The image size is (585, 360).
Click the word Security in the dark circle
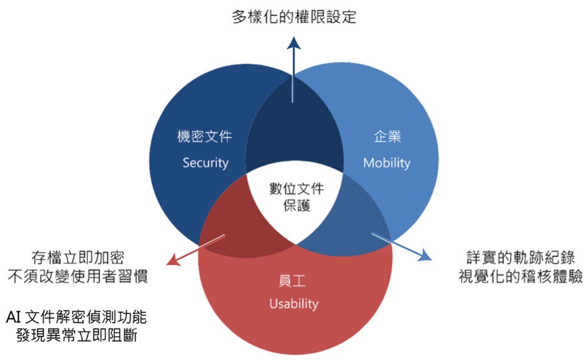205,162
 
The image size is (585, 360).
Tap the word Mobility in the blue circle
387,162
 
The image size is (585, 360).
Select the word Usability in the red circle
294,303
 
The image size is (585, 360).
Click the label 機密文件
205,136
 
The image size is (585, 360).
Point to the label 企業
387,136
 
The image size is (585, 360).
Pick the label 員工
294,281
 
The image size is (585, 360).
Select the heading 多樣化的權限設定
294,17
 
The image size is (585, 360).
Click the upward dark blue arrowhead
294,42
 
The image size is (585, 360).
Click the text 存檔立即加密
77,256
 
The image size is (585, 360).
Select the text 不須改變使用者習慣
77,276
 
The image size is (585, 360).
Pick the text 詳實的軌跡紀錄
520,256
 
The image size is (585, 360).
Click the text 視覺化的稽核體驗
520,276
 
